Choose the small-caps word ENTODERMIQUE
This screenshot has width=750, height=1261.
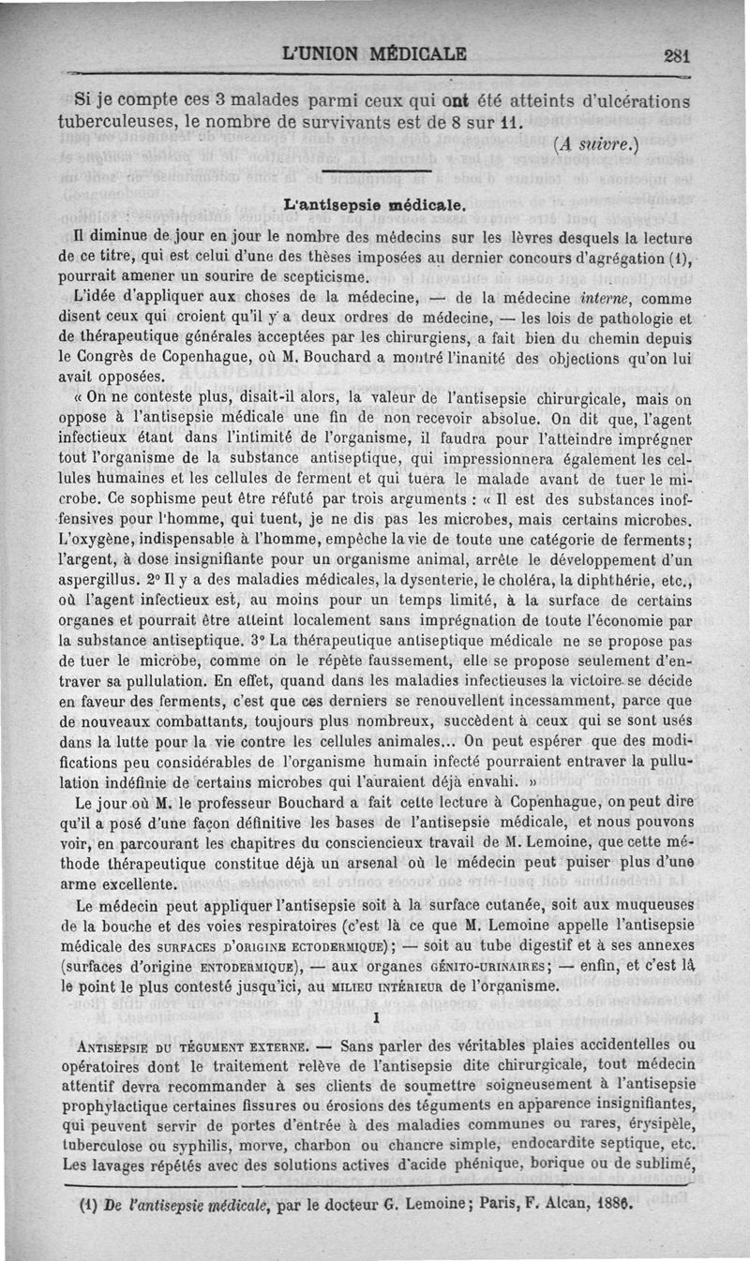[236, 966]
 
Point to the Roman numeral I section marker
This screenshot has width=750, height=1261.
[375, 1016]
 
